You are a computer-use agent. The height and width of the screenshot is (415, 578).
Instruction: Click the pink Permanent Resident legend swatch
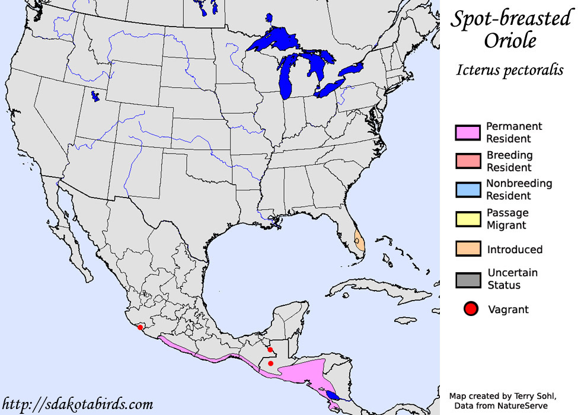468,133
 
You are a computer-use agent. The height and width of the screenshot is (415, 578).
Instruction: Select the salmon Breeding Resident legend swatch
468,161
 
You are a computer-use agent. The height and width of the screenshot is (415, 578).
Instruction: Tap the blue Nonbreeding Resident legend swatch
468,190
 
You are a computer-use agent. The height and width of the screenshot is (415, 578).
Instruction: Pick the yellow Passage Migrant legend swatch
468,219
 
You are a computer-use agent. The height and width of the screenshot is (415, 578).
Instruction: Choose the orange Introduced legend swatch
468,249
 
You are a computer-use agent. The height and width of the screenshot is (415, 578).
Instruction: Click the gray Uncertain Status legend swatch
468,279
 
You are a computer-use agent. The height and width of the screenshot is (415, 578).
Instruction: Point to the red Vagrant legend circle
471,309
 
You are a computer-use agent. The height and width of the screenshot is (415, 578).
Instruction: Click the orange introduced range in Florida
359,242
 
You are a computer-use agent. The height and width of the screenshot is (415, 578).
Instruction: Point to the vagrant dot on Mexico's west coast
140,327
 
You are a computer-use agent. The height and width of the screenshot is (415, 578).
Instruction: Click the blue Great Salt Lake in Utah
95,95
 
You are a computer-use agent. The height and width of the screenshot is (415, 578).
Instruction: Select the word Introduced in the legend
515,250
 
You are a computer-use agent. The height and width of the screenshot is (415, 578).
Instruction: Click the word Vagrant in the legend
508,309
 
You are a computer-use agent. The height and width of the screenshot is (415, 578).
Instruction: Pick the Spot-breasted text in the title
510,19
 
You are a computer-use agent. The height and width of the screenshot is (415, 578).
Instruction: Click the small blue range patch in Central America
333,394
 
